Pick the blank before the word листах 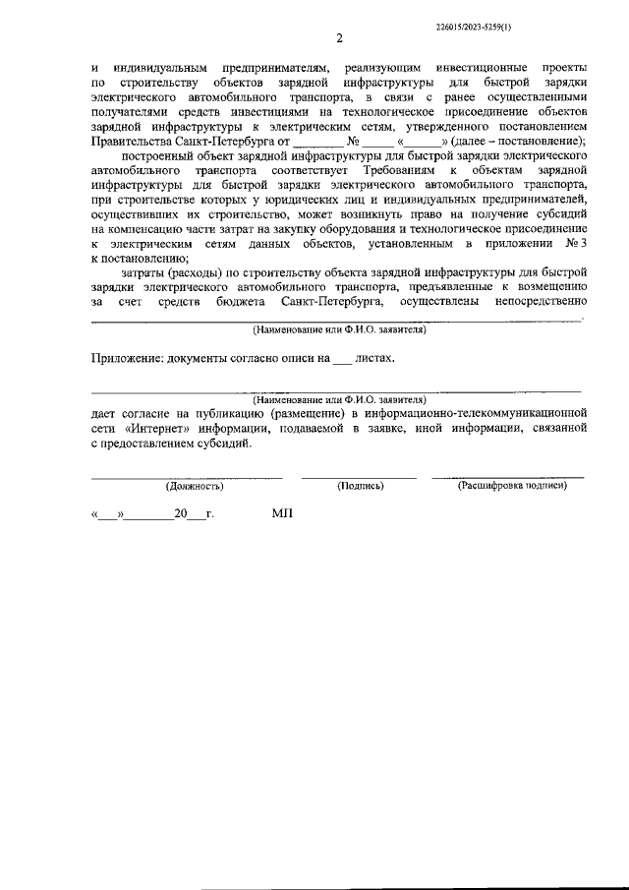[340, 360]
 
